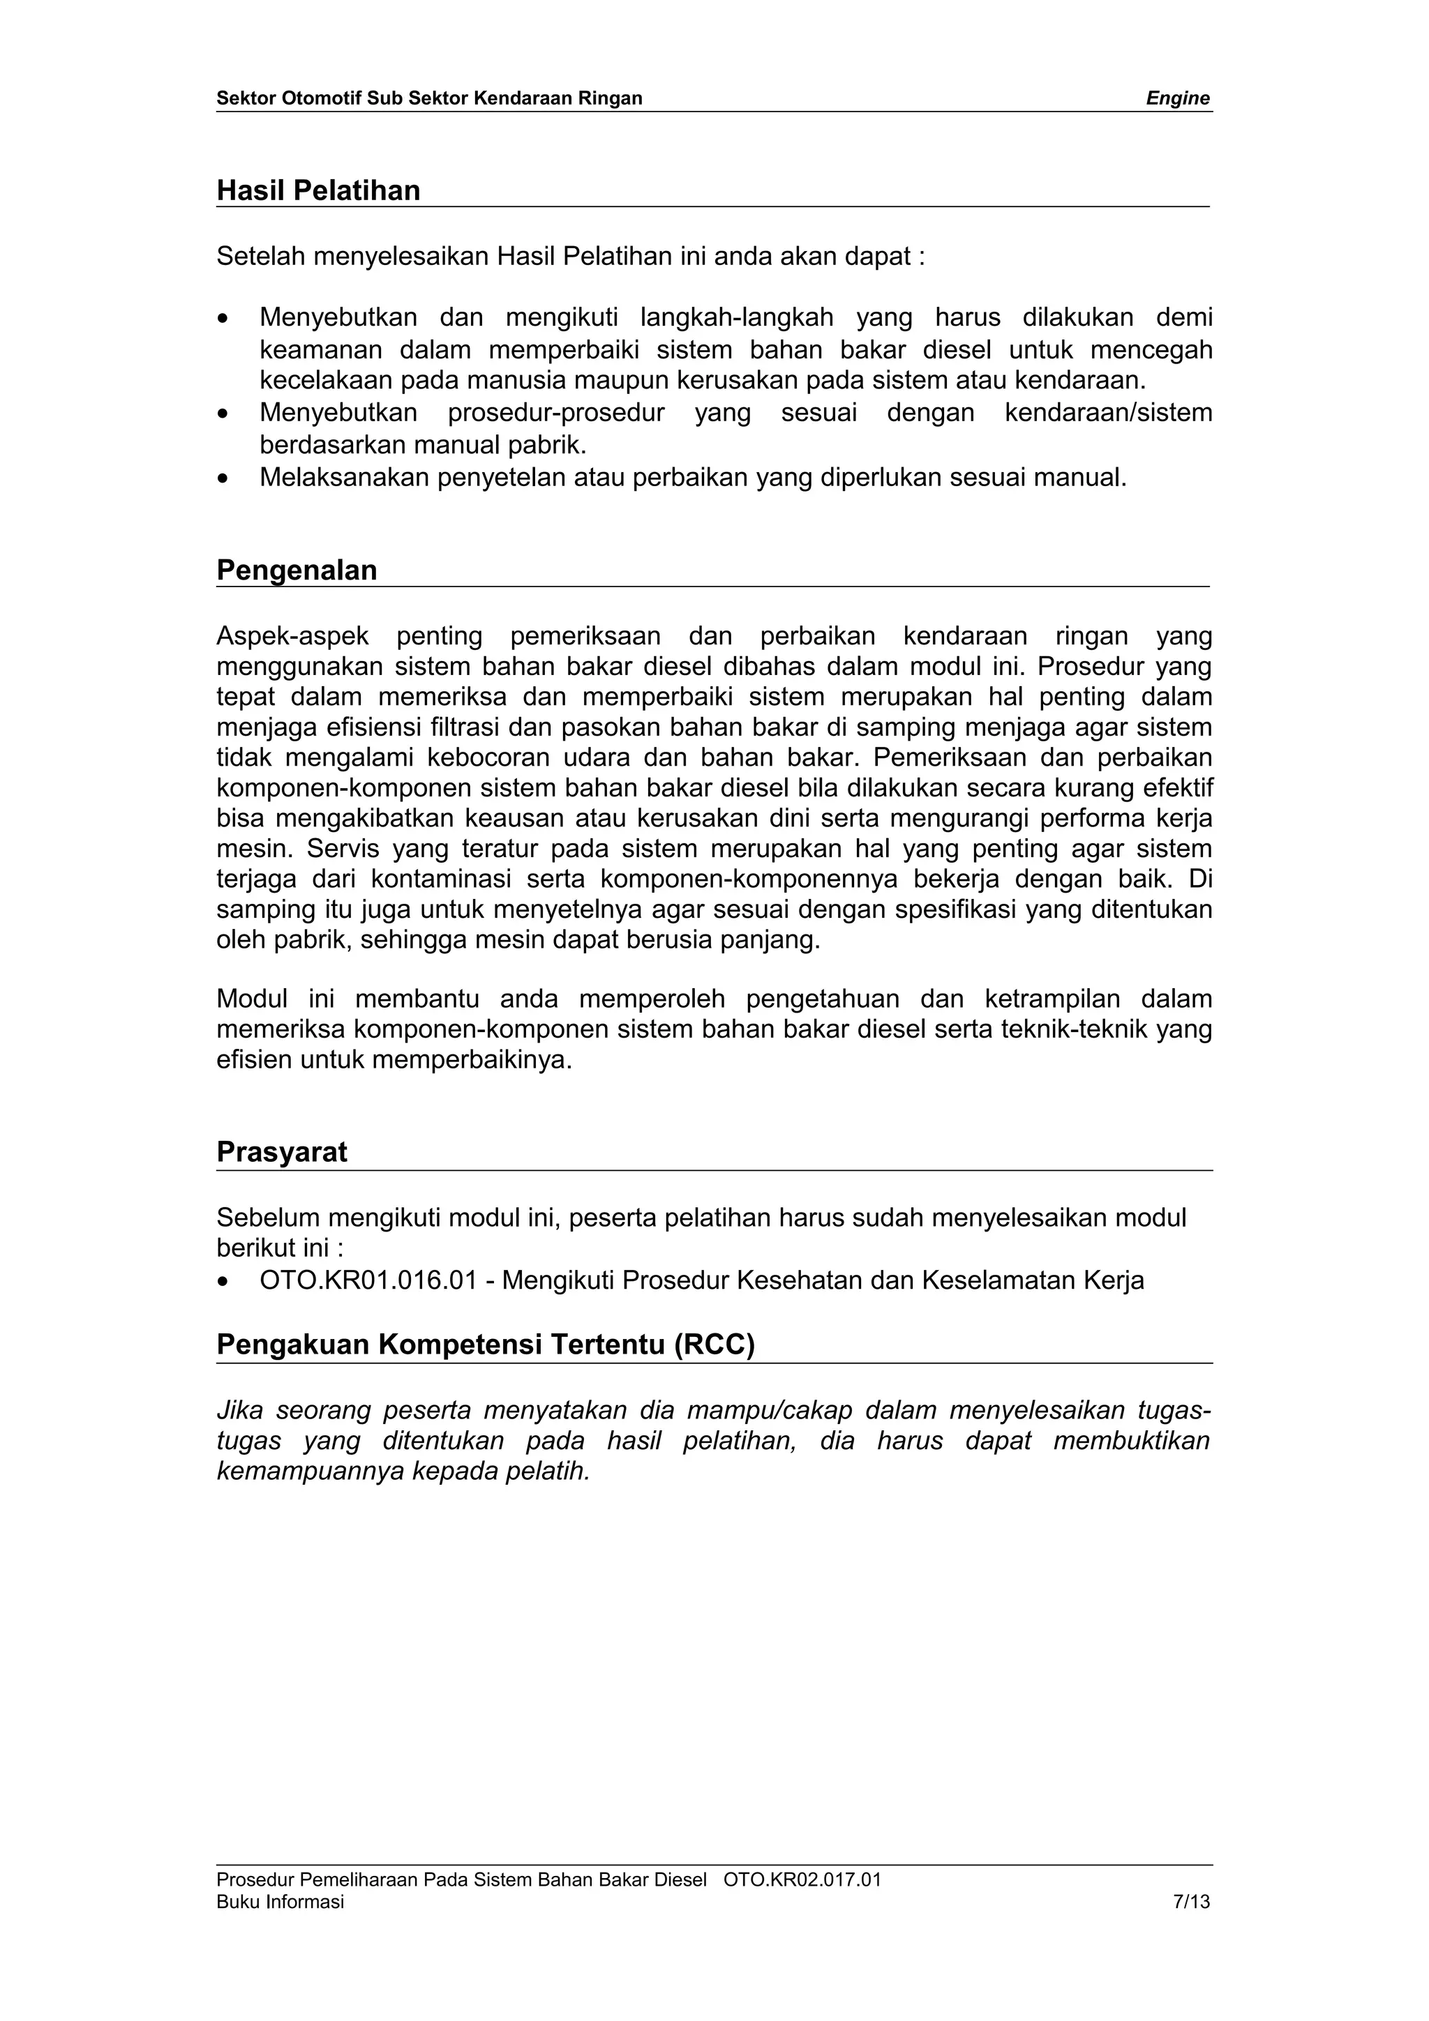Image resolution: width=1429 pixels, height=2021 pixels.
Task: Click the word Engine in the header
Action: click(x=1177, y=98)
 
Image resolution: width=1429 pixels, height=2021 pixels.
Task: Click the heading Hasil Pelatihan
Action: click(x=318, y=190)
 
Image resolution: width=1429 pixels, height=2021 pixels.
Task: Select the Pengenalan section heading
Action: click(x=297, y=570)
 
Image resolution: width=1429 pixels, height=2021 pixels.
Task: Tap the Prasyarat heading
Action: click(x=282, y=1152)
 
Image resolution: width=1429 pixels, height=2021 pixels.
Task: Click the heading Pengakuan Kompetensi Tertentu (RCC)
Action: click(x=485, y=1345)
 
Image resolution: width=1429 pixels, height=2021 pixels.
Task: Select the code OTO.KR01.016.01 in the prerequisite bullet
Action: click(x=367, y=1280)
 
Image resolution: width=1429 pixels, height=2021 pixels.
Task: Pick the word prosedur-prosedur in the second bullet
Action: click(x=555, y=413)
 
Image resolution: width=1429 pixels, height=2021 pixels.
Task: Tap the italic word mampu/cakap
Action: click(x=770, y=1411)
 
